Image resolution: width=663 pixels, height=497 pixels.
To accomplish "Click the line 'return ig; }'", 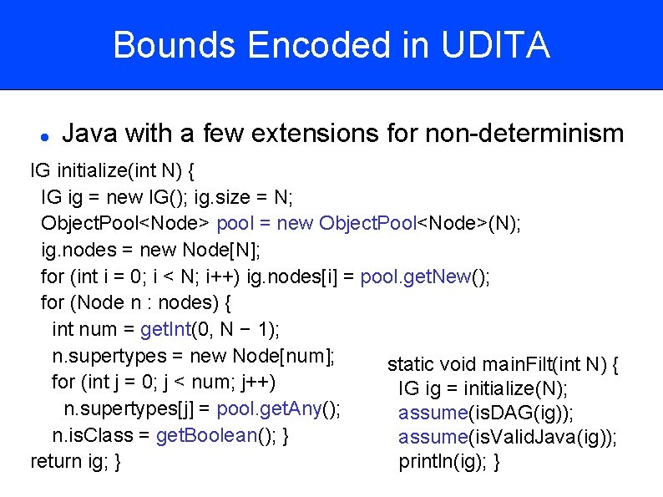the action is pos(76,462).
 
